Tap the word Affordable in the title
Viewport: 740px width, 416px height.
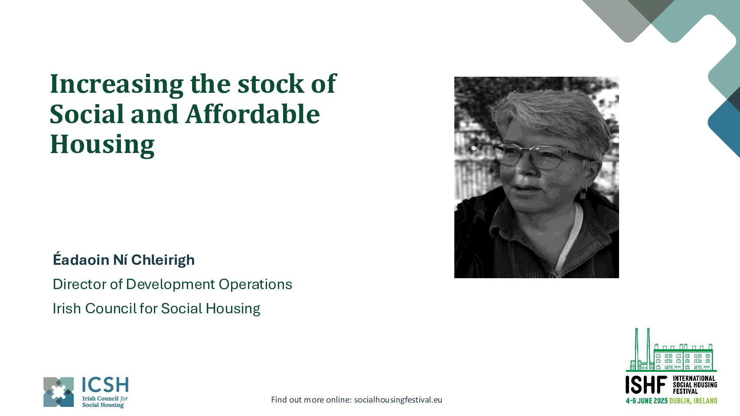(253, 114)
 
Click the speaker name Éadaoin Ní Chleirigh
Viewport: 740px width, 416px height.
(124, 260)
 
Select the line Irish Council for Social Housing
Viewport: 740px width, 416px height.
(156, 309)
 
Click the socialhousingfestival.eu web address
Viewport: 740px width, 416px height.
(398, 400)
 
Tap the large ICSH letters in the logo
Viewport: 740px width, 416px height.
(105, 385)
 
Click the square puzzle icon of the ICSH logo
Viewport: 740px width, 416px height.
(59, 392)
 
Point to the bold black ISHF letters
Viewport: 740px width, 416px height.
(646, 385)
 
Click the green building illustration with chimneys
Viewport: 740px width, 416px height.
(671, 350)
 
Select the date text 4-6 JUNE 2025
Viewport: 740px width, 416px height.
(646, 401)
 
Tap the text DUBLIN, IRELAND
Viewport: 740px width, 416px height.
(693, 401)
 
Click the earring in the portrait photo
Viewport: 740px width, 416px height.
(584, 193)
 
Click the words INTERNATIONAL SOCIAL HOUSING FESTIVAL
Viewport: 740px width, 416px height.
(695, 385)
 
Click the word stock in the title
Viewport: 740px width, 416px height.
(271, 84)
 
